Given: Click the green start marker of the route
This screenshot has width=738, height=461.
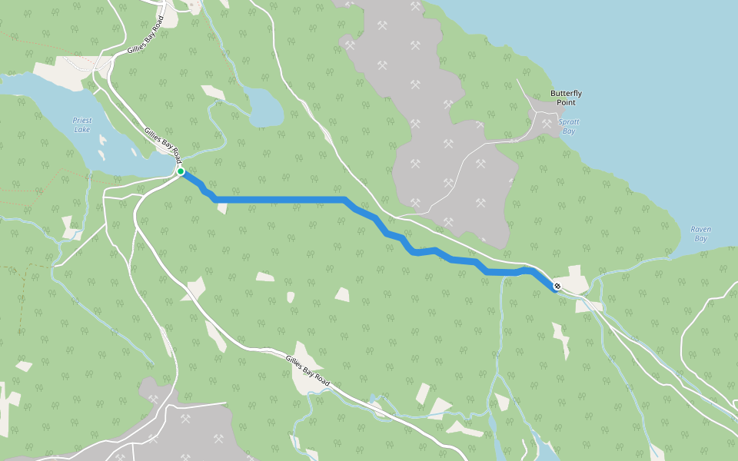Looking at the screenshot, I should [181, 171].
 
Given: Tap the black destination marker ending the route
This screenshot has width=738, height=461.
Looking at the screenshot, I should [557, 287].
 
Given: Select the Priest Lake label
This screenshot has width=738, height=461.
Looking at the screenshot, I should [81, 124].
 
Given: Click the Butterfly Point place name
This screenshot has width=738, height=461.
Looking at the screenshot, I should [566, 98].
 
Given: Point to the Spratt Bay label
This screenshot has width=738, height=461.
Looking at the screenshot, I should [569, 126].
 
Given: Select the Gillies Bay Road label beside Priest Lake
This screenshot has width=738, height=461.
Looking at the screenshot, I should [162, 144].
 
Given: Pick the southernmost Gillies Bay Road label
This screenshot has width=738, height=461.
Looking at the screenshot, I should [307, 370].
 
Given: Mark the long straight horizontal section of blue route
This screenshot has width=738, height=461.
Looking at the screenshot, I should [281, 200].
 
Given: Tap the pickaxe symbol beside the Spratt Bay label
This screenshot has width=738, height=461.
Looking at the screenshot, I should [547, 123].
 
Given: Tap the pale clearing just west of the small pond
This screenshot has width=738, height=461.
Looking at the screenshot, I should [213, 92].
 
